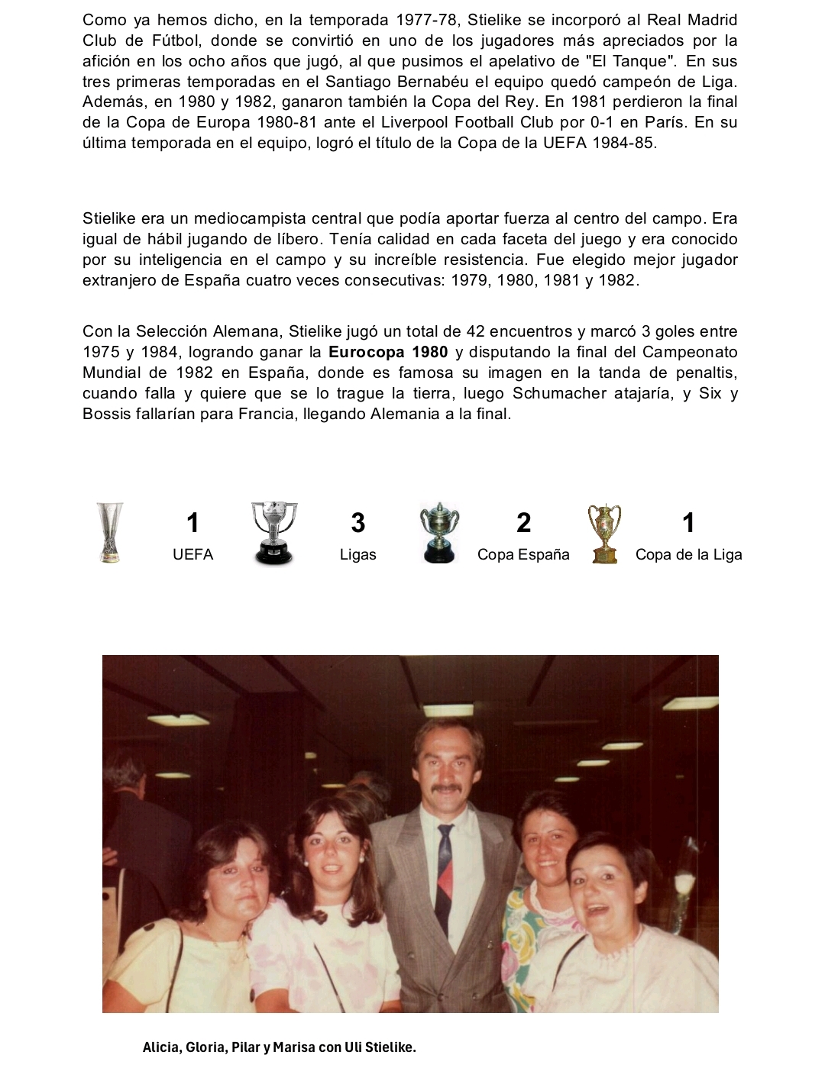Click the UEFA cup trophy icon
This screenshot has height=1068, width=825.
click(x=110, y=532)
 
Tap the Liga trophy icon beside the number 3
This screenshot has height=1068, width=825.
click(x=274, y=533)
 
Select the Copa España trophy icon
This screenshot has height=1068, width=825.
click(x=439, y=533)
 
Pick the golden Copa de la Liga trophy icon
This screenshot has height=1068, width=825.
click(x=604, y=534)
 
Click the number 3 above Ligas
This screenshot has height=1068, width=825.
click(x=357, y=523)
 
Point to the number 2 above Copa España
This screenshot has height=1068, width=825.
click(x=523, y=523)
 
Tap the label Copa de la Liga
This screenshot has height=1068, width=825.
click(x=688, y=555)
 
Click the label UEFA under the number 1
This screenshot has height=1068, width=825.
click(x=192, y=555)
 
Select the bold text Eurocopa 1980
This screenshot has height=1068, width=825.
click(x=388, y=353)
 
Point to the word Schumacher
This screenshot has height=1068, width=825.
click(x=560, y=394)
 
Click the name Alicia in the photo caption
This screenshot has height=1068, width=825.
click(x=161, y=1047)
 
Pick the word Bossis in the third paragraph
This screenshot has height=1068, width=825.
click(x=106, y=415)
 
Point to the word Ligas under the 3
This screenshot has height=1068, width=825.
click(x=357, y=555)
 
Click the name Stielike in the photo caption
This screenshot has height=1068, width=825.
click(x=390, y=1047)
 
